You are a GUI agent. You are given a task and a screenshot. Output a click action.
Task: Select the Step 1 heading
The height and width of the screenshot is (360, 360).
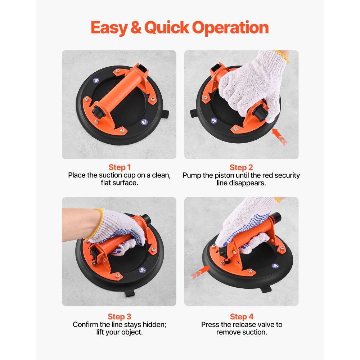point(120,167)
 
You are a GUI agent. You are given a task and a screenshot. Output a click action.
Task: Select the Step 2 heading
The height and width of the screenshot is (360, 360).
point(241,167)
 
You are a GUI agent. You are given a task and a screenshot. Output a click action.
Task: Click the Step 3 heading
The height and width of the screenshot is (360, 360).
point(120,317)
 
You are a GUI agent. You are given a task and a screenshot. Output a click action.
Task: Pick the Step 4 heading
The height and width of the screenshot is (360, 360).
point(241,317)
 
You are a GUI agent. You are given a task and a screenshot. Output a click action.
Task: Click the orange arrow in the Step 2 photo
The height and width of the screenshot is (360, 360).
point(280,138)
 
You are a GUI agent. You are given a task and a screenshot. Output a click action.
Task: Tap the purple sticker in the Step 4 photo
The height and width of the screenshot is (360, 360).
point(275,266)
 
